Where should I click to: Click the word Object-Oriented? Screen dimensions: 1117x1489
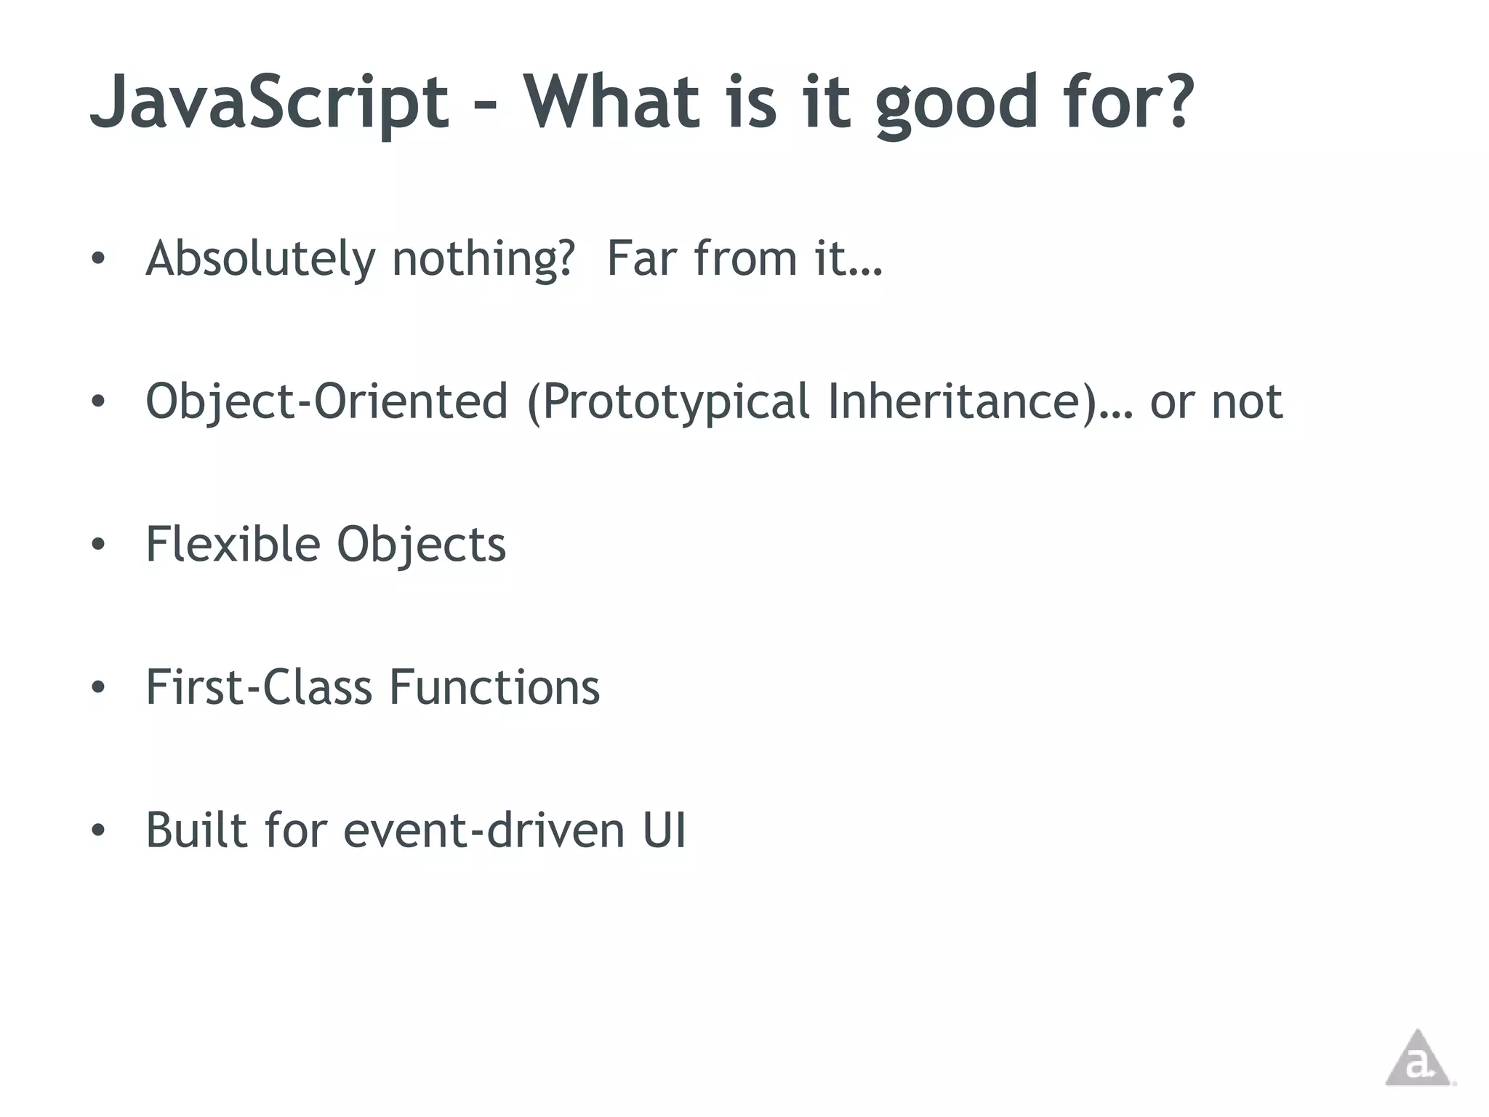tap(326, 401)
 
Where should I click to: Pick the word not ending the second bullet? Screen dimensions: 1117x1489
tap(1246, 401)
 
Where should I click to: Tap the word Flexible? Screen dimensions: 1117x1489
tap(233, 544)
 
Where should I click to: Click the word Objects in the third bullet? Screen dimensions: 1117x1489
tap(421, 545)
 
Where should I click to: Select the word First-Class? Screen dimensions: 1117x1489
tap(259, 687)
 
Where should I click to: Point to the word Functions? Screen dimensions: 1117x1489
tap(494, 687)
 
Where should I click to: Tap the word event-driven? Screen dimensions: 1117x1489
tap(483, 830)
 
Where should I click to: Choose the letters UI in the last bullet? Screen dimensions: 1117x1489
tap(664, 830)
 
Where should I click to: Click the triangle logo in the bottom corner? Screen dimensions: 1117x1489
tap(1417, 1060)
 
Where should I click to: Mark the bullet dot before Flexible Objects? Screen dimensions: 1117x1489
tap(99, 544)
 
